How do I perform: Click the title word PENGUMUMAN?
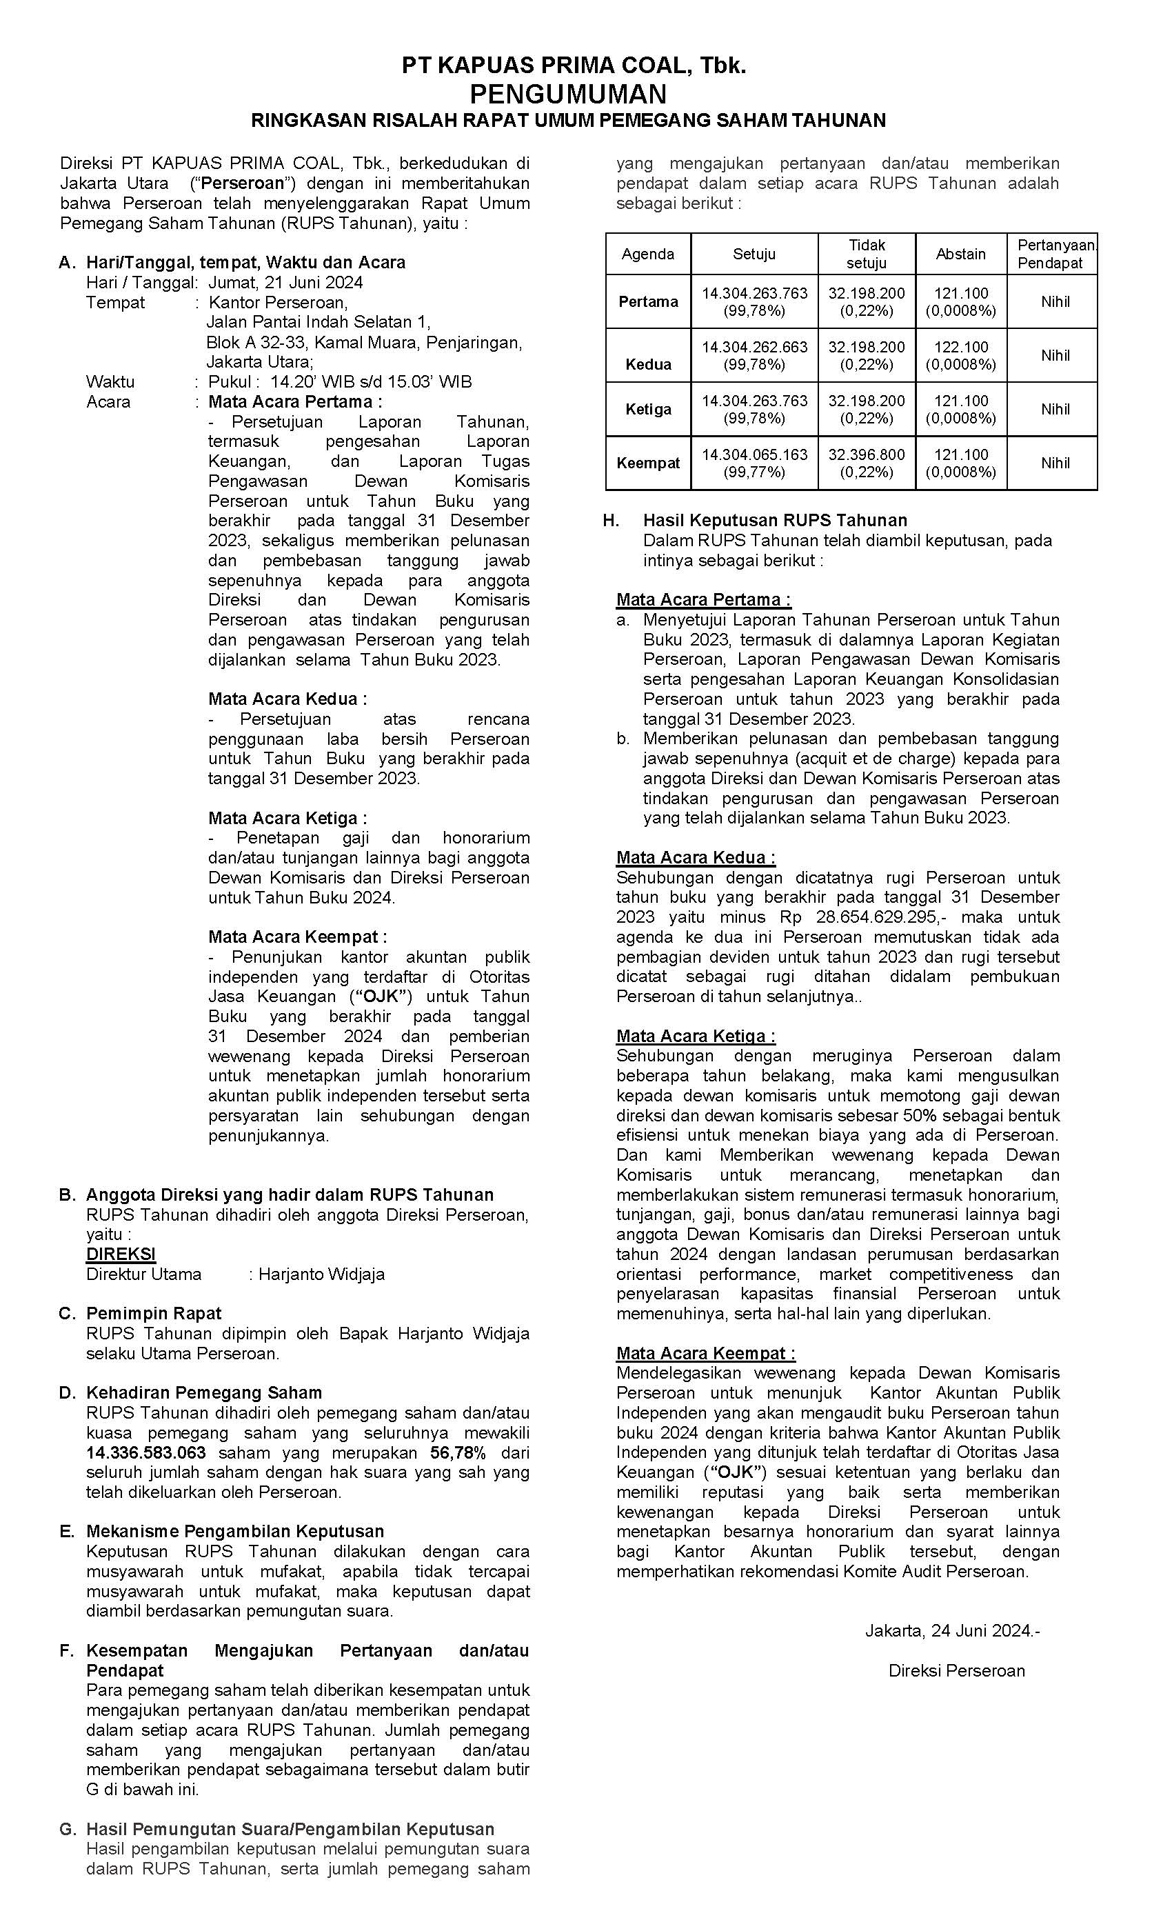567,94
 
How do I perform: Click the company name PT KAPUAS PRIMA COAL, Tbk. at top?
574,66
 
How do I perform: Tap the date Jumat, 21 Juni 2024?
285,282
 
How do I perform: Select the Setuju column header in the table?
754,254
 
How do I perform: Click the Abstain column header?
960,254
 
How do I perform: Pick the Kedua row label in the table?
648,363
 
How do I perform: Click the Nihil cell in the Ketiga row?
1055,409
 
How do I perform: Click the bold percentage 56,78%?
458,1452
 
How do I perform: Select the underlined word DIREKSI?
121,1254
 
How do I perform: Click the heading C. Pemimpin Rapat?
154,1314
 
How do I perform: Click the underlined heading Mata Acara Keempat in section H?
705,1353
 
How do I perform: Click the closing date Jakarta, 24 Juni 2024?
951,1631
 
